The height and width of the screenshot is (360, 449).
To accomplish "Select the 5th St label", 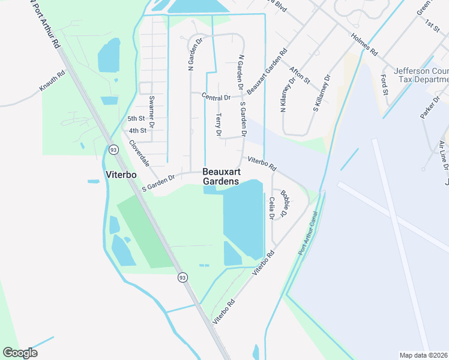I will tap(136, 118).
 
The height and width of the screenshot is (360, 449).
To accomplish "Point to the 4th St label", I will tap(137, 130).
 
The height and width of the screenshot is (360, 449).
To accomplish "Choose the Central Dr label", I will tap(216, 97).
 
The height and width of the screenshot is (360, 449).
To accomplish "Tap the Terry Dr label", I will tap(218, 125).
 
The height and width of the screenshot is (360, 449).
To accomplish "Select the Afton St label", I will tap(300, 75).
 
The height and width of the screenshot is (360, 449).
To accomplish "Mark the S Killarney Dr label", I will tap(322, 94).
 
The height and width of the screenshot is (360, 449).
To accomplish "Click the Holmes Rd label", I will tap(364, 43).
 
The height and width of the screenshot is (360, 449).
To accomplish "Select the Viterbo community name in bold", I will tap(104, 175).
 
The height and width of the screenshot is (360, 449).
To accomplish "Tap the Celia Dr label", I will tap(271, 207).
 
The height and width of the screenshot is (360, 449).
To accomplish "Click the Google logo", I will tap(20, 353).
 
